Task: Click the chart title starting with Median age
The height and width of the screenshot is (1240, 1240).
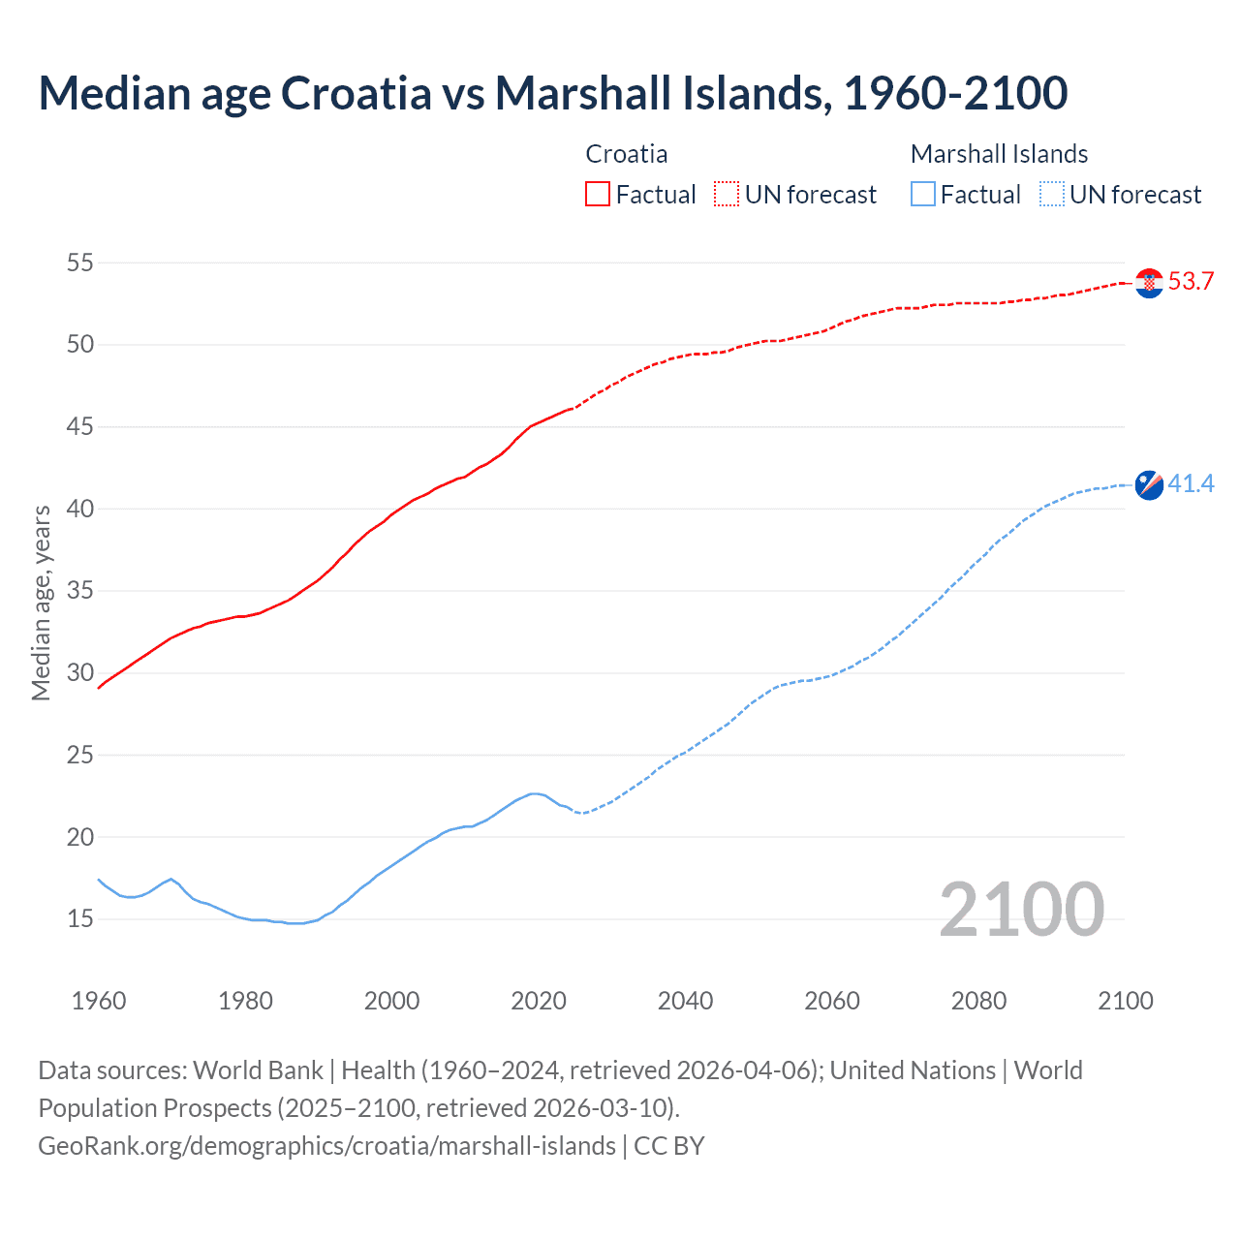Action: click(552, 93)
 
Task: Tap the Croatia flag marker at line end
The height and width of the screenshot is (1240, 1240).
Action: click(1149, 283)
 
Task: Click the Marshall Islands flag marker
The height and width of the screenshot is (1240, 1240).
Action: click(1149, 484)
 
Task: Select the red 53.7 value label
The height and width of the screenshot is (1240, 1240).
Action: click(1191, 282)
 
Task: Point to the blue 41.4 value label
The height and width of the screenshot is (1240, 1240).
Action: click(1191, 483)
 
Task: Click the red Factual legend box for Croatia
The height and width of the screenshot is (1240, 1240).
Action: click(598, 195)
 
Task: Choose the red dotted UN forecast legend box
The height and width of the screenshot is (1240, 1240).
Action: click(727, 195)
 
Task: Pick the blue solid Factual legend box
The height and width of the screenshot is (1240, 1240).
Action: click(923, 195)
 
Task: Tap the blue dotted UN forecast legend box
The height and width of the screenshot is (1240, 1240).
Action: click(1051, 195)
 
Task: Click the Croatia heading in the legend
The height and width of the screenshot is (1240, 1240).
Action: click(626, 154)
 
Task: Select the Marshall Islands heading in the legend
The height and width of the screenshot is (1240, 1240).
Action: click(999, 154)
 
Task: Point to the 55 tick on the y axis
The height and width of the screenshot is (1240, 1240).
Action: click(79, 263)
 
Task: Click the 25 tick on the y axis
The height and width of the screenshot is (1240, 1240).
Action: click(79, 755)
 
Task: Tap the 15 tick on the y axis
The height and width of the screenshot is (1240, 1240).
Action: click(79, 918)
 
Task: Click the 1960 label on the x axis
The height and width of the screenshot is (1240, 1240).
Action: click(99, 1001)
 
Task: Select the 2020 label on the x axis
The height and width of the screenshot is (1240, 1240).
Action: click(539, 1001)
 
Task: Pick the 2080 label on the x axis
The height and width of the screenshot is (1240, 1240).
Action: click(978, 1001)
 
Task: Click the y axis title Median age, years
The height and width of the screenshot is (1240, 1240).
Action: click(41, 603)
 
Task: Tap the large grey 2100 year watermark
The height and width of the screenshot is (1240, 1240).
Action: click(1021, 909)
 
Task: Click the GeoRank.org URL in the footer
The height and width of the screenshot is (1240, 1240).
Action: click(326, 1146)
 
